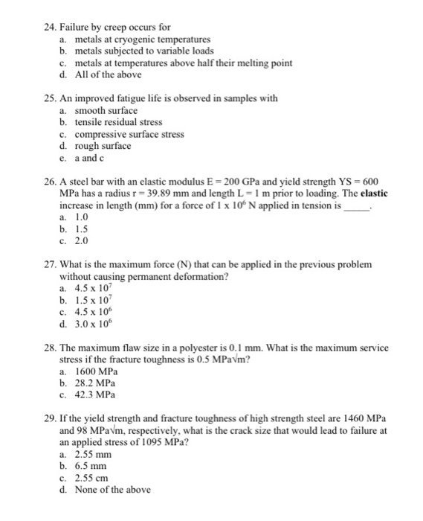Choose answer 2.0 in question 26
pyautogui.click(x=83, y=240)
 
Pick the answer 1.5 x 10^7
pyautogui.click(x=93, y=300)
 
